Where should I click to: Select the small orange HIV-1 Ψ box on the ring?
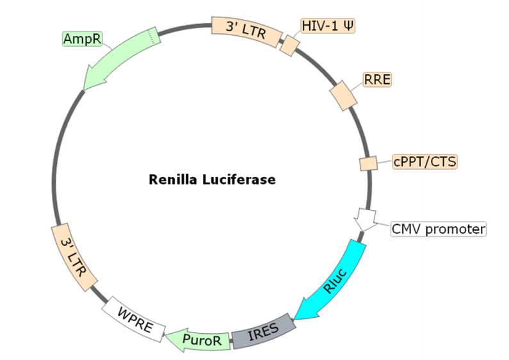tap(290, 45)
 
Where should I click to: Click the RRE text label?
tap(377, 80)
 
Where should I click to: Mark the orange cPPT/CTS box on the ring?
tap(368, 163)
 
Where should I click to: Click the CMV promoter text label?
tap(439, 229)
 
